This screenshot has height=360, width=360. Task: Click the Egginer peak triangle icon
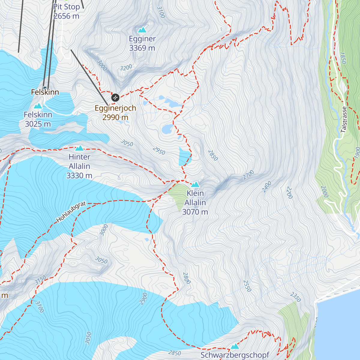[142, 30]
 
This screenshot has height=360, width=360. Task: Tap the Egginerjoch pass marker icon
[115, 97]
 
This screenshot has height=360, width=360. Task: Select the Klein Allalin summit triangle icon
[195, 184]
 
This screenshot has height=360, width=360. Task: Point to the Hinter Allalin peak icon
[79, 148]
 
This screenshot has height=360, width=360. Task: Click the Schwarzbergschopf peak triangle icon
[235, 346]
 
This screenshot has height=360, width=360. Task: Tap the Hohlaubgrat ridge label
[71, 212]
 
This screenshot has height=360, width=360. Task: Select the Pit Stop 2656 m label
[66, 11]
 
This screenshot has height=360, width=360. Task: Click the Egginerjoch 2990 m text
[115, 113]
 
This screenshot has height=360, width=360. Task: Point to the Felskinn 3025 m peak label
[38, 119]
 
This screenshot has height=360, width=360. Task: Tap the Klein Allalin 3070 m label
[195, 202]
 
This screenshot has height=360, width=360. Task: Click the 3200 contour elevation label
[126, 68]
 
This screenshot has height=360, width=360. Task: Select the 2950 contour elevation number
[159, 151]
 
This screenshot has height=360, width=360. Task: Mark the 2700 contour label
[248, 175]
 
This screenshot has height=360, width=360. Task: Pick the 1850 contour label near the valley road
[343, 58]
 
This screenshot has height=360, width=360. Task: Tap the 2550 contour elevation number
[247, 286]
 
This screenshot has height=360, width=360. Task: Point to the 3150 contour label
[40, 280]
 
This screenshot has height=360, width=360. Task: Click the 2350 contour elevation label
[295, 297]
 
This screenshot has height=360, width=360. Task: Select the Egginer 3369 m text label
[142, 43]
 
